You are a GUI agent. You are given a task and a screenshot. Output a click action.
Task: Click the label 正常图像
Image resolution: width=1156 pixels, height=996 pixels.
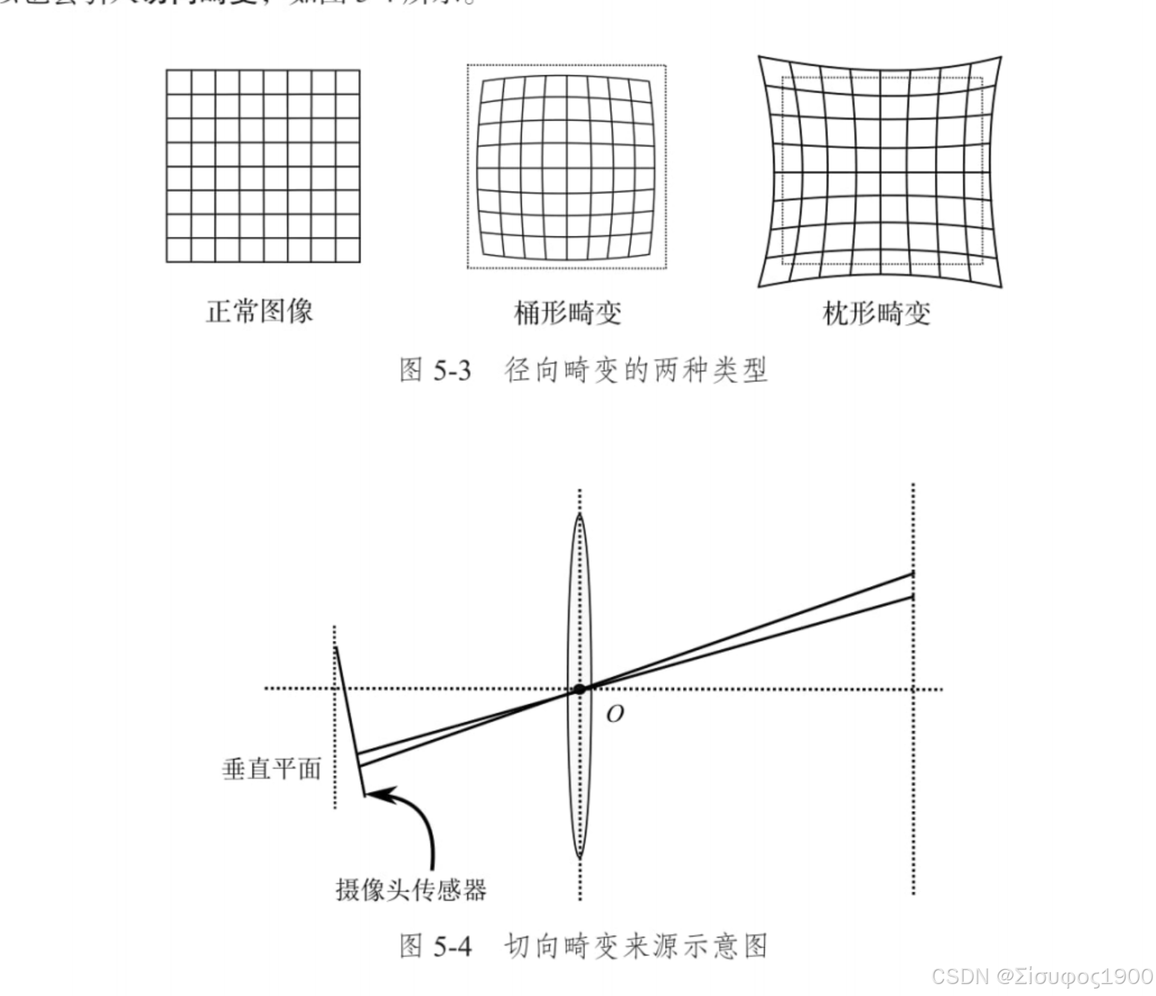pyautogui.click(x=259, y=311)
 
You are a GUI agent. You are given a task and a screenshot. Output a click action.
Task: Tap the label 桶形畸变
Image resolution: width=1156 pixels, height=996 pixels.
pyautogui.click(x=567, y=313)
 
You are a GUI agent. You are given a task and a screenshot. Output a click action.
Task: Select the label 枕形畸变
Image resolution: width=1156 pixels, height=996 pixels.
pyautogui.click(x=876, y=313)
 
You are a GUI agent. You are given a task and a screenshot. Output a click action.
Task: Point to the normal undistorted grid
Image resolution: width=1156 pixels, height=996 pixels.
pyautogui.click(x=263, y=166)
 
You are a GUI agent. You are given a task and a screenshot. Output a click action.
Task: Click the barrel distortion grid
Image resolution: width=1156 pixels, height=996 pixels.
pyautogui.click(x=567, y=166)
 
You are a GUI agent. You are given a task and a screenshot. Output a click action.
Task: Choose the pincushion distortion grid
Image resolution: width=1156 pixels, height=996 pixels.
pyautogui.click(x=880, y=171)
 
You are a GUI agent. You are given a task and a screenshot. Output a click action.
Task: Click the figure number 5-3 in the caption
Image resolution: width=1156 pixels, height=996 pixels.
pyautogui.click(x=452, y=370)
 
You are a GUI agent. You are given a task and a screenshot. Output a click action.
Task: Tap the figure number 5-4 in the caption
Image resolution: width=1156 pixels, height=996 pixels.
pyautogui.click(x=452, y=946)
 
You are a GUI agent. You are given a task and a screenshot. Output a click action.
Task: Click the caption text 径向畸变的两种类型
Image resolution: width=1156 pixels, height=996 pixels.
pyautogui.click(x=636, y=370)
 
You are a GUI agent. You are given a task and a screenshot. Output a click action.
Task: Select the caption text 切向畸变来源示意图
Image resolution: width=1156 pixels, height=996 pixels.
pyautogui.click(x=636, y=946)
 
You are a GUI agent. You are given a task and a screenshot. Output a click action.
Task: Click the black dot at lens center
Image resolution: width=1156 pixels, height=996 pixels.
pyautogui.click(x=579, y=689)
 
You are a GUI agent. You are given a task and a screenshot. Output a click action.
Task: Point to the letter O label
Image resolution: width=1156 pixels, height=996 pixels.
pyautogui.click(x=614, y=715)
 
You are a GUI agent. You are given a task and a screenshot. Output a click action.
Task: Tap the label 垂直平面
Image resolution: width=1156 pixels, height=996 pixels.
pyautogui.click(x=272, y=768)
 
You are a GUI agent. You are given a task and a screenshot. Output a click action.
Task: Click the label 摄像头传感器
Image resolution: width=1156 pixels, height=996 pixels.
pyautogui.click(x=411, y=889)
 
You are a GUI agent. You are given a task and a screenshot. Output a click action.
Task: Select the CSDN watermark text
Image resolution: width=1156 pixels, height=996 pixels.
pyautogui.click(x=1042, y=977)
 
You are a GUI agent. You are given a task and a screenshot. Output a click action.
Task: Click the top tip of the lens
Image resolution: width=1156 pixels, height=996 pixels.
pyautogui.click(x=580, y=514)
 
